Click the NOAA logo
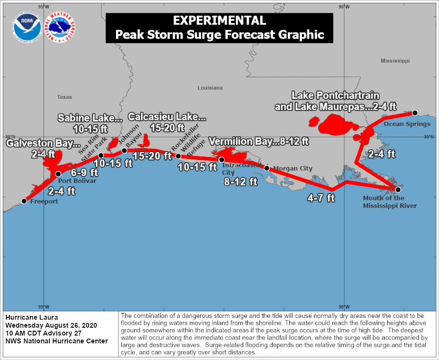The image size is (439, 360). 28,27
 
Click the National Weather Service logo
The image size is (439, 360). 60,27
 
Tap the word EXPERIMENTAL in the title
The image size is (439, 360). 219,21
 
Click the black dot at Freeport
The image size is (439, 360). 24,201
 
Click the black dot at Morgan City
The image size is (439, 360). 267,168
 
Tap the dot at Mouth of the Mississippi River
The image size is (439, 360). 398,189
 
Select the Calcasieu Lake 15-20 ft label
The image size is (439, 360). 167,122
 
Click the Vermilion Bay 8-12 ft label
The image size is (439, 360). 259,141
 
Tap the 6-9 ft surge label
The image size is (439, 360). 84,173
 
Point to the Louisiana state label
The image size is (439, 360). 210,88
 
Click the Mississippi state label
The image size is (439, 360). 395,61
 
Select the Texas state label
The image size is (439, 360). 64,97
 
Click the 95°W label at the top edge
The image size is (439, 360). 44,6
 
